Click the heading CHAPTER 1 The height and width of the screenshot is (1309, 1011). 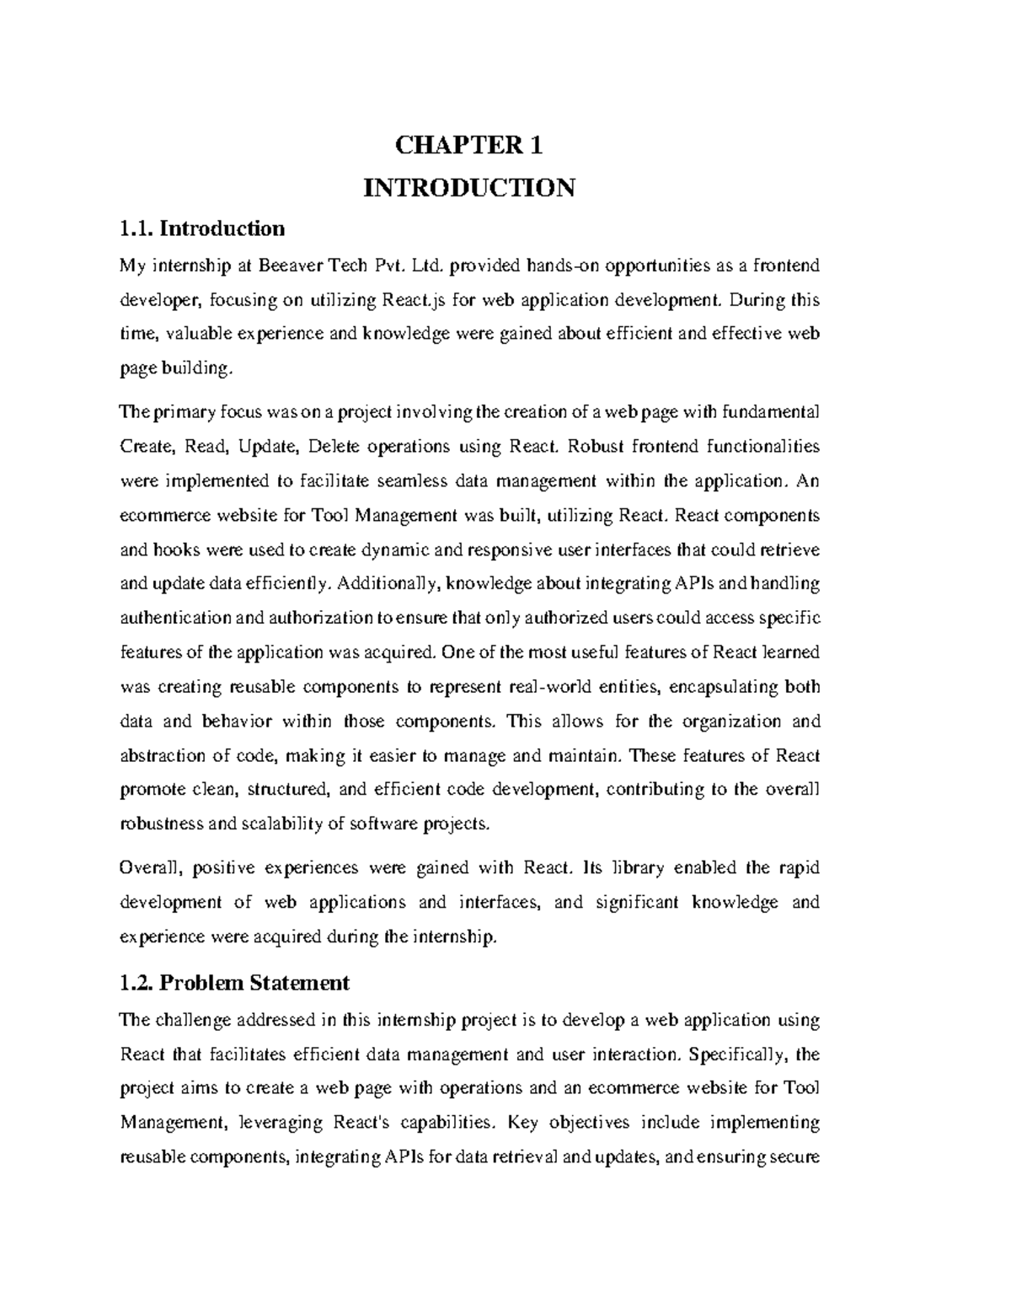pos(469,146)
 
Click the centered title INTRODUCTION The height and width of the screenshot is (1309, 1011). pos(469,187)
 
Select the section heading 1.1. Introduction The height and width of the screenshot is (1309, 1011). pos(202,228)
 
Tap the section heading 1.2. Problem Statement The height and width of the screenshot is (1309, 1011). pos(234,983)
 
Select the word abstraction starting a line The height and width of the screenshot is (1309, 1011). pos(163,755)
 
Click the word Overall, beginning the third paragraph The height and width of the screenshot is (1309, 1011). pos(148,868)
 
